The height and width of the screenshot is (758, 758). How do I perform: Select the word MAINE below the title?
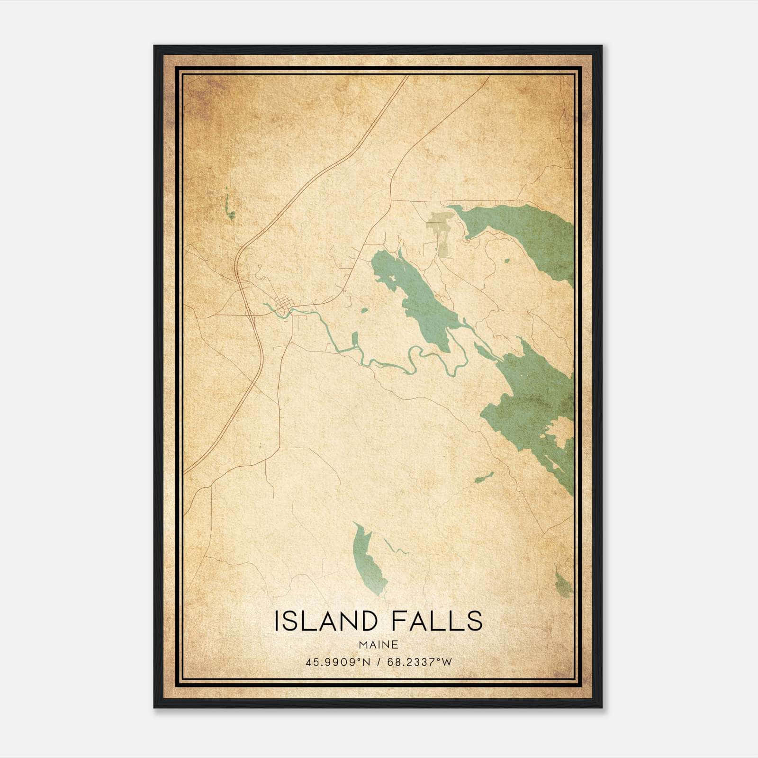(x=379, y=644)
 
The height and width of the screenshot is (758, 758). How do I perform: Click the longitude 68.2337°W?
(x=420, y=662)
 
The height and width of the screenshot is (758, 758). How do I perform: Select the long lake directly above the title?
(x=368, y=559)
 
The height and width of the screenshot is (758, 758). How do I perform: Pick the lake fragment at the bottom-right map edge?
(x=564, y=586)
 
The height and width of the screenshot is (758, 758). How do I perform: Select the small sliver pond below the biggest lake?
(x=484, y=478)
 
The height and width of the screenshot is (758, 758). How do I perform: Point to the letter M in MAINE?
(x=362, y=644)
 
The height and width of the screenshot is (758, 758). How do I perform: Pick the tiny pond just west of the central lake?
(x=364, y=311)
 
